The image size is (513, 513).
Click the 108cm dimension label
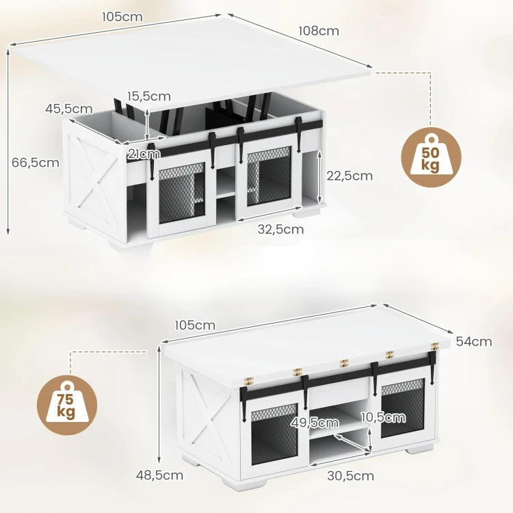pyautogui.click(x=319, y=31)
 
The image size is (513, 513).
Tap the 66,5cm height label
pyautogui.click(x=36, y=163)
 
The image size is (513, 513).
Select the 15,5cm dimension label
pyautogui.click(x=149, y=96)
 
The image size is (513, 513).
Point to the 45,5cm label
pyautogui.click(x=68, y=109)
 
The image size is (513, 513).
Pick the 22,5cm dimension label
pyautogui.click(x=350, y=176)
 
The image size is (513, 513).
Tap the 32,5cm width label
pyautogui.click(x=280, y=229)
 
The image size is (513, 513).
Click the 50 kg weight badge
pyautogui.click(x=431, y=157)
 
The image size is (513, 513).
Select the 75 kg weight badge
pyautogui.click(x=67, y=405)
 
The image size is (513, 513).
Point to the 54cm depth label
pyautogui.click(x=474, y=341)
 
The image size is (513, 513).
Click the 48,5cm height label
pyautogui.click(x=159, y=475)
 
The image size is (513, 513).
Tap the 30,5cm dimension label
pyautogui.click(x=351, y=475)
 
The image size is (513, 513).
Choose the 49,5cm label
pyautogui.click(x=315, y=423)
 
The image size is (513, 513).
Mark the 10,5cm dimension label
pyautogui.click(x=383, y=417)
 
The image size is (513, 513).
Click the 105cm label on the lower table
pyautogui.click(x=195, y=326)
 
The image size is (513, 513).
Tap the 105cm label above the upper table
pyautogui.click(x=122, y=17)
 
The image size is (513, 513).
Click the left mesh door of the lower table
pyautogui.click(x=274, y=434)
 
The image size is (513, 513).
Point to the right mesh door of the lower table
pyautogui.click(x=403, y=410)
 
